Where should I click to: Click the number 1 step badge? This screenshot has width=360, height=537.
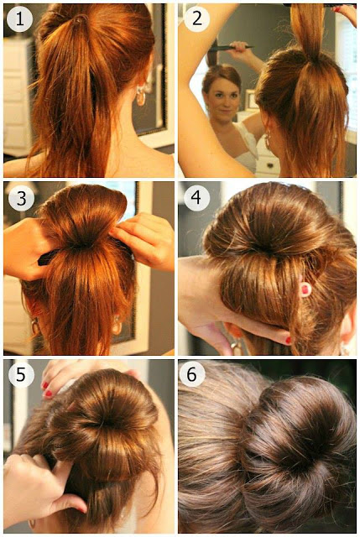pyautogui.click(x=19, y=19)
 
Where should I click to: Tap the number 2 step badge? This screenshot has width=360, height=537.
pyautogui.click(x=196, y=18)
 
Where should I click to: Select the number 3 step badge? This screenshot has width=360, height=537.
pyautogui.click(x=21, y=198)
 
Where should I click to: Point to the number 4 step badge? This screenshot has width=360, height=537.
pyautogui.click(x=196, y=198)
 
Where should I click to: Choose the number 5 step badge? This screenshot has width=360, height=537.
pyautogui.click(x=21, y=375)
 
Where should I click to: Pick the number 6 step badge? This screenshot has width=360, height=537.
pyautogui.click(x=191, y=374)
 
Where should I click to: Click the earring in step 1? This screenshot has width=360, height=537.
pyautogui.click(x=140, y=96)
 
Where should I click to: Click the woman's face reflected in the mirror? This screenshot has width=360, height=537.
pyautogui.click(x=224, y=96)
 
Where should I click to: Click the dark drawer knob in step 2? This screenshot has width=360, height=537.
pyautogui.click(x=270, y=165)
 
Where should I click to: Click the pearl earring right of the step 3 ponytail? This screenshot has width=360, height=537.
pyautogui.click(x=117, y=325)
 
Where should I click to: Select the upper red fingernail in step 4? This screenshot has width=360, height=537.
pyautogui.click(x=305, y=289)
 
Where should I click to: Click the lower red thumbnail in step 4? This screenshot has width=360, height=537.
pyautogui.click(x=289, y=340)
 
